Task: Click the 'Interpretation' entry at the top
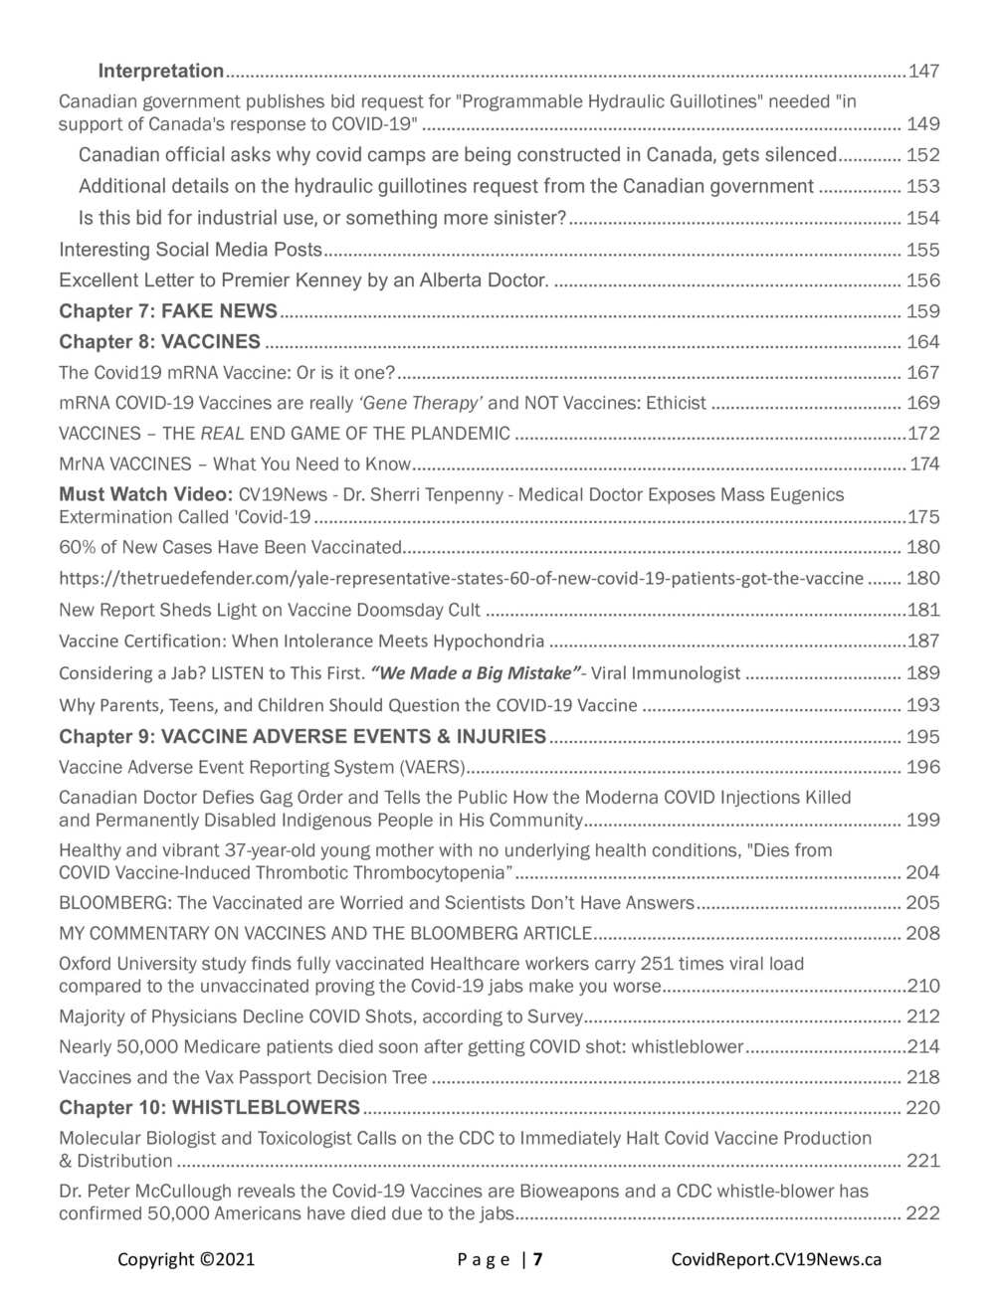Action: coord(160,71)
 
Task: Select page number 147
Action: coord(923,71)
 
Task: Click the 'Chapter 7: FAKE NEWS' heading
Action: coord(168,311)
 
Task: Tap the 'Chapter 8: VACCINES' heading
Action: coord(159,342)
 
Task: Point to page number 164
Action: coord(922,342)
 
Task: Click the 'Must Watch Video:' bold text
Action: coord(145,494)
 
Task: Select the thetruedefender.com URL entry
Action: coord(461,578)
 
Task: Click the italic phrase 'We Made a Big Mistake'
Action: coord(475,673)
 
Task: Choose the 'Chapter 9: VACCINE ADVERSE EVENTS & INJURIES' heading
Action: coord(302,737)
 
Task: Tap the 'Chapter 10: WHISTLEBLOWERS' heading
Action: coord(209,1108)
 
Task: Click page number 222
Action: coord(922,1213)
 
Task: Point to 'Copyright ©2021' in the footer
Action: coord(186,1259)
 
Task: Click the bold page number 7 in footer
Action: coord(538,1259)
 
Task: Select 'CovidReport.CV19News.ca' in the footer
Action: coord(776,1259)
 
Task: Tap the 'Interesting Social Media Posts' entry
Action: coord(190,250)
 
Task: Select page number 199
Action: coord(922,821)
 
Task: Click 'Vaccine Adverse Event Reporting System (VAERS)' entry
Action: coord(262,767)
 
